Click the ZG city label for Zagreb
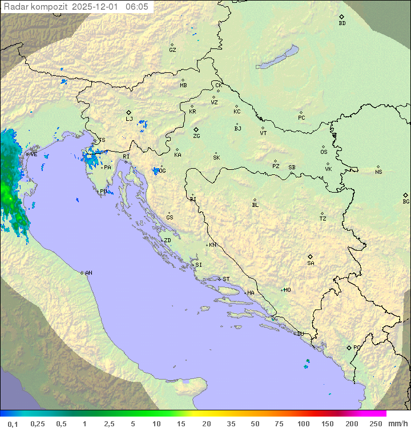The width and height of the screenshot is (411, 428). (196, 136)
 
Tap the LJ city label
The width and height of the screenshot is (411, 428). (129, 119)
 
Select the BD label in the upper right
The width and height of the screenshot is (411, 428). (342, 23)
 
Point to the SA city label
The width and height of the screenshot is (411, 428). (311, 263)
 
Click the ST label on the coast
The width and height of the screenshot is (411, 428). (226, 279)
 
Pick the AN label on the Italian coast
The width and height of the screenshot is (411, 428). (88, 273)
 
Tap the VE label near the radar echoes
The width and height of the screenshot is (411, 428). (34, 154)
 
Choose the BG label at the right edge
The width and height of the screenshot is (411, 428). (406, 201)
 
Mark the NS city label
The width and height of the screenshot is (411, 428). (378, 172)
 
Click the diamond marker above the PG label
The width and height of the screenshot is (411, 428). (349, 347)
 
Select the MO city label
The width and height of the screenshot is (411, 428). (287, 290)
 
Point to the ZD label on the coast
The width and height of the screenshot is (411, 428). (167, 241)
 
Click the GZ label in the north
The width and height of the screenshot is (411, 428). (172, 50)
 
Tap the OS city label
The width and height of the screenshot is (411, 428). (324, 152)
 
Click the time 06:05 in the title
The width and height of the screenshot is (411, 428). (137, 7)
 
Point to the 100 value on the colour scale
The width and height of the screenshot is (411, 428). (304, 423)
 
